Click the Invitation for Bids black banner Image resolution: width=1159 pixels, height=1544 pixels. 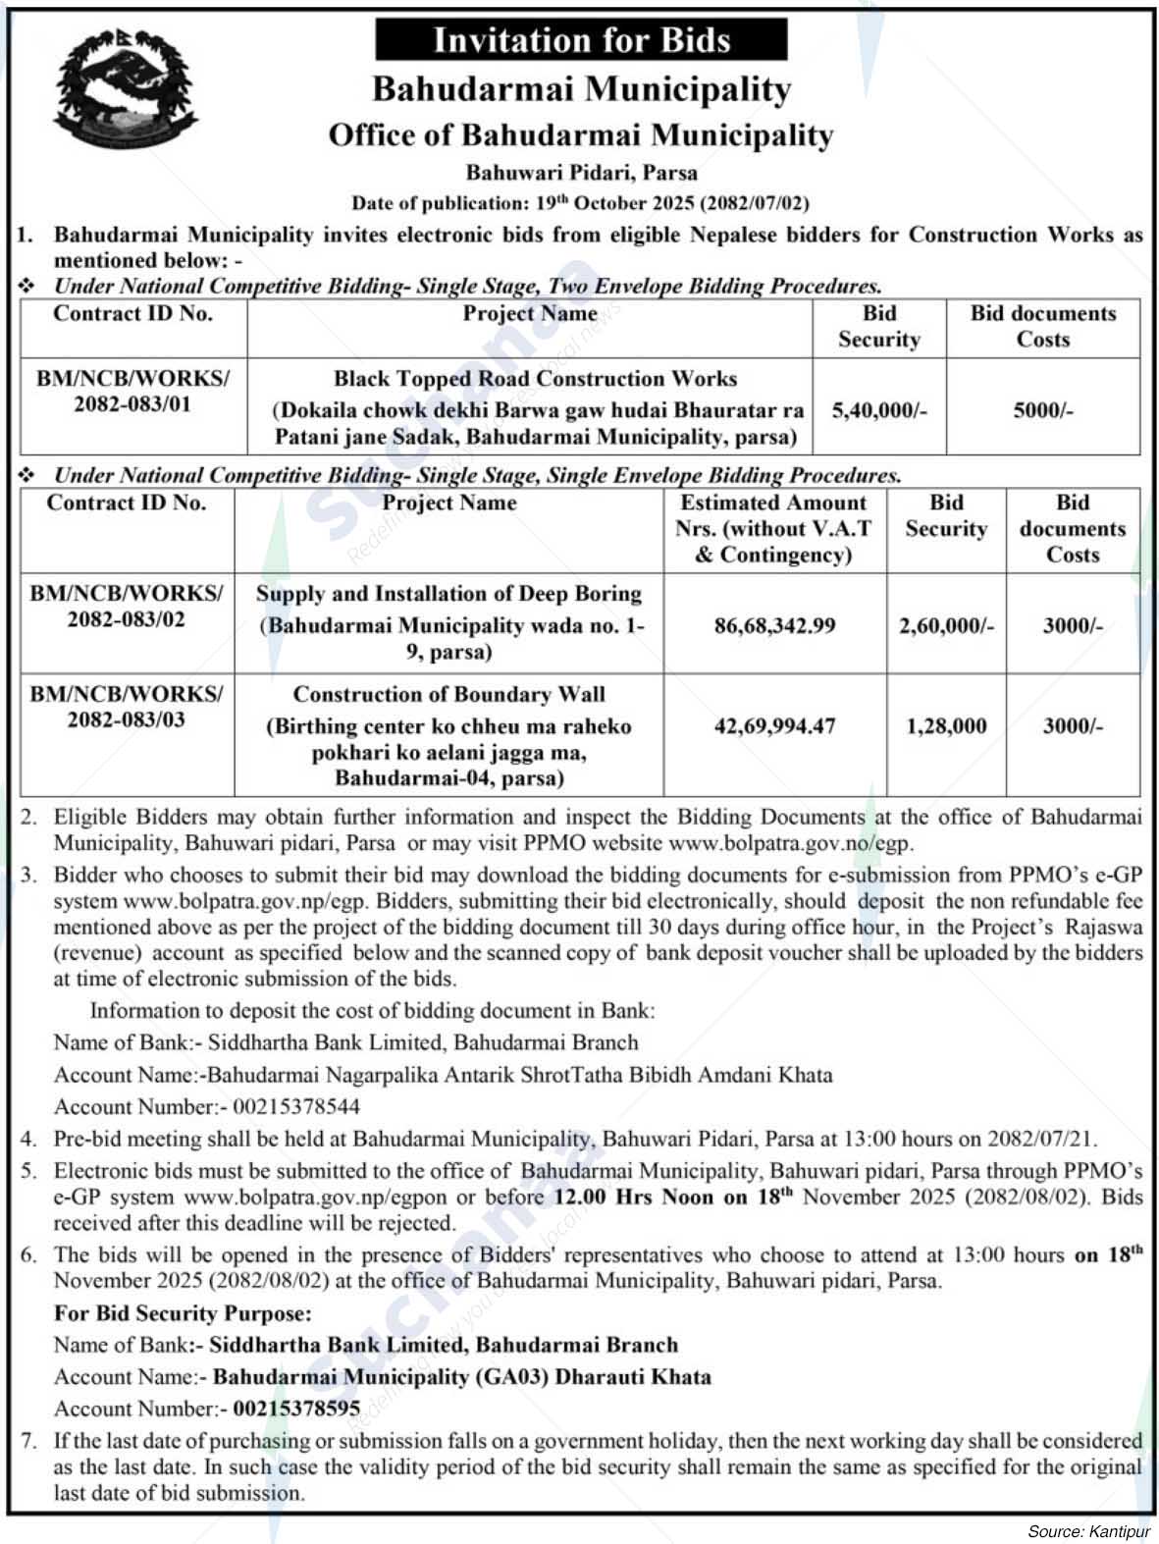coord(581,40)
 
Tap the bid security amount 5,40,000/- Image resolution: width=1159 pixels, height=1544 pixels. coord(878,410)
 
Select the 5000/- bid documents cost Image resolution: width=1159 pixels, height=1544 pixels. coord(1042,410)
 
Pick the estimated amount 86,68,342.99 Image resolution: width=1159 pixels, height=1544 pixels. coord(774,625)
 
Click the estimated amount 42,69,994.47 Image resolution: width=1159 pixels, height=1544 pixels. coord(774,726)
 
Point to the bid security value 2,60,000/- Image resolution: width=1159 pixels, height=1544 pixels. coord(946,625)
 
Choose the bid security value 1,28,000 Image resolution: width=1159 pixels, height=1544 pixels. coord(946,726)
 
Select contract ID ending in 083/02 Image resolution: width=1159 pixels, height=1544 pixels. coord(127,607)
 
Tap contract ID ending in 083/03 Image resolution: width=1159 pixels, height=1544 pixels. coord(127,707)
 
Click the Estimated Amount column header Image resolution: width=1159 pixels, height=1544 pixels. coord(774,529)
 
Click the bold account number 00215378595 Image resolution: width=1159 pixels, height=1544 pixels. coord(296,1409)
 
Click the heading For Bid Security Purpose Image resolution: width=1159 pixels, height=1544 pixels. coord(183,1313)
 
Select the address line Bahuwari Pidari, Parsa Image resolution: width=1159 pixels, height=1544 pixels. coord(581,173)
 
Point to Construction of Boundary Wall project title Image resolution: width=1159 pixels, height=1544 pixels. coord(448,695)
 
